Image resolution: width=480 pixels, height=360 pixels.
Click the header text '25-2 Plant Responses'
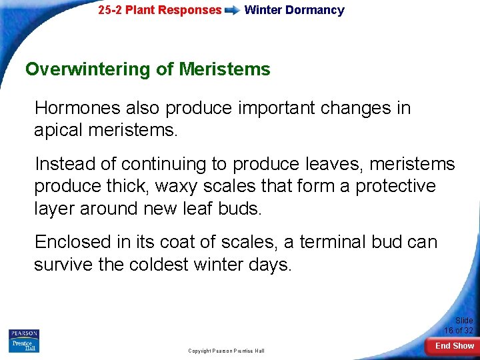click(x=159, y=10)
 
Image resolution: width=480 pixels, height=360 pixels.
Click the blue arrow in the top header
click(x=233, y=11)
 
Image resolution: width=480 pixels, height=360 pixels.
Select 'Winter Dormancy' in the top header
click(x=294, y=10)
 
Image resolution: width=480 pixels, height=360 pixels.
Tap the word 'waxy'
click(x=196, y=186)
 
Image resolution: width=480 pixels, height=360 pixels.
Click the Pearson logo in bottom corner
click(x=24, y=340)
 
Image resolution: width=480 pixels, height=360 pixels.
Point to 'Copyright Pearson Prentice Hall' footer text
click(x=226, y=351)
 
